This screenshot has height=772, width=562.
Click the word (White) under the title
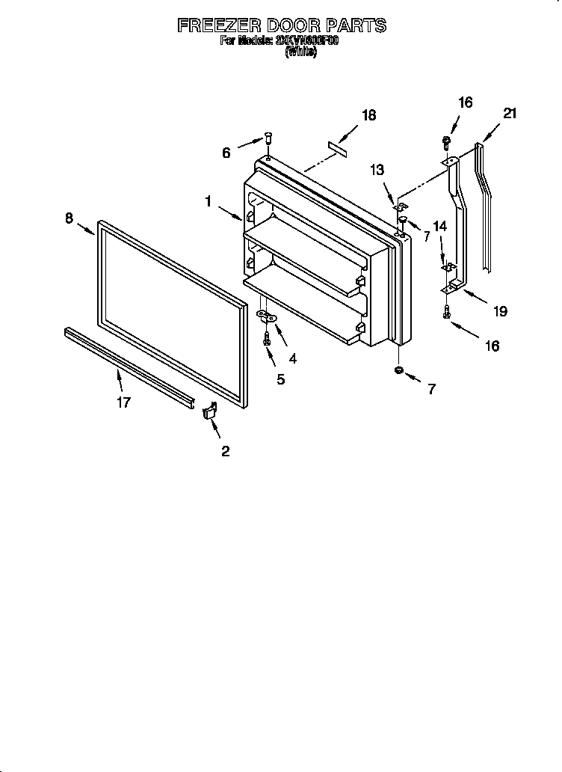click(x=300, y=53)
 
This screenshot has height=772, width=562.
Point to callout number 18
click(x=368, y=115)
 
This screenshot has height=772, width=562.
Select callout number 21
click(x=510, y=114)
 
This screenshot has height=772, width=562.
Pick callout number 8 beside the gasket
click(x=69, y=218)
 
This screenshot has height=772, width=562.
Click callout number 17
click(x=124, y=402)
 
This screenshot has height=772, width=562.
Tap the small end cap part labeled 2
click(x=209, y=411)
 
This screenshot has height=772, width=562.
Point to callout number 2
click(x=225, y=450)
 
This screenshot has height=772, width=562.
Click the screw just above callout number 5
click(x=267, y=339)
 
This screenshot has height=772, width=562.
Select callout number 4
click(x=292, y=358)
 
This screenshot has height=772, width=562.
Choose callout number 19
click(x=499, y=311)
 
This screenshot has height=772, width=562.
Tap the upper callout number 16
click(x=465, y=102)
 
